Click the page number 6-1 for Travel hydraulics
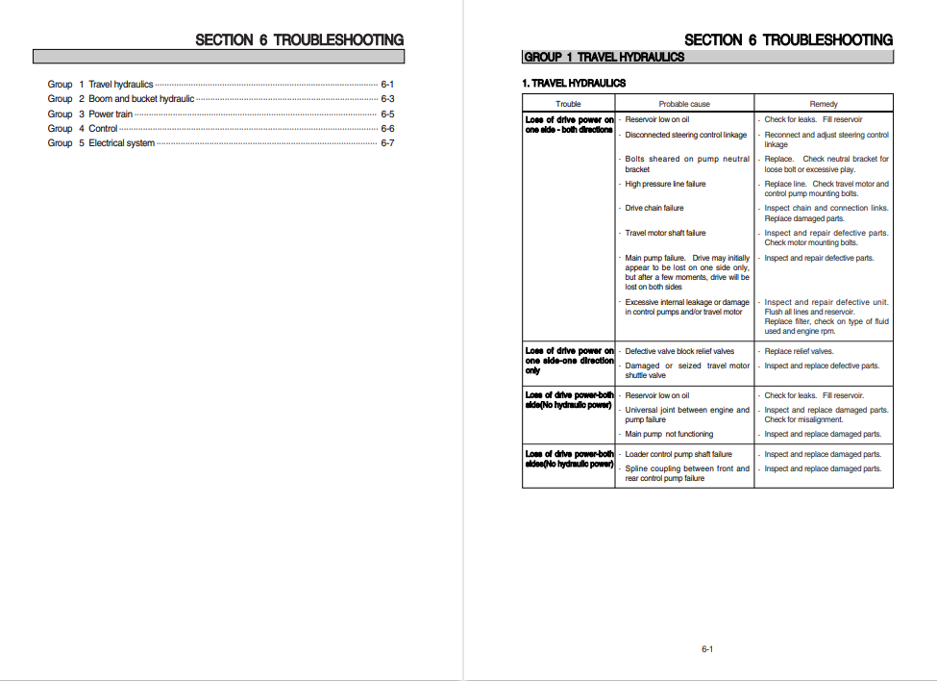pos(387,85)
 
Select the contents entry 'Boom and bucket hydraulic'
pos(141,99)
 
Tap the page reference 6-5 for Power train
pos(387,114)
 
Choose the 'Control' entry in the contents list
pos(103,129)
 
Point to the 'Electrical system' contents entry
pos(121,143)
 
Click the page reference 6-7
pos(387,143)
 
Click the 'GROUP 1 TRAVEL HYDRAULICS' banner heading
pos(604,58)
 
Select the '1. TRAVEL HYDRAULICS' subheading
pos(574,84)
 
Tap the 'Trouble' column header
pos(568,104)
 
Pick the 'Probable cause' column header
pos(684,104)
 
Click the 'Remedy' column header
pos(824,104)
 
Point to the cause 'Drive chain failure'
pos(654,209)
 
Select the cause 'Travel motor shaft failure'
pos(665,233)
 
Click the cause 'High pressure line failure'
pos(665,184)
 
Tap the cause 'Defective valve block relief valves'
pos(679,351)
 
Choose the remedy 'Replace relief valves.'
pos(799,351)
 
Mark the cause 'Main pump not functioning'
pos(669,434)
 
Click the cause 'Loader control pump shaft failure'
pos(678,454)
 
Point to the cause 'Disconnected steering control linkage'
pos(685,135)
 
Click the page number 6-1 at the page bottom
pos(707,649)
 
